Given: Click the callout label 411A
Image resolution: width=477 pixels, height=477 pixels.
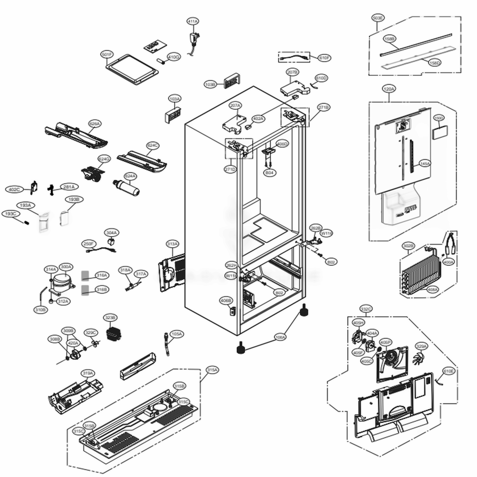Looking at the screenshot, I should [193, 21].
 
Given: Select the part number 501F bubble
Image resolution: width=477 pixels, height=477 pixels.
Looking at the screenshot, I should [107, 55].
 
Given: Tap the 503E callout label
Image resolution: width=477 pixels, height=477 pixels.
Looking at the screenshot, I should [378, 18].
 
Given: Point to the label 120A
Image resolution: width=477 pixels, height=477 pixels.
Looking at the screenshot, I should [389, 89].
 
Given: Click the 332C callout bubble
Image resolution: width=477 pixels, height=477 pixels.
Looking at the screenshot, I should [366, 309].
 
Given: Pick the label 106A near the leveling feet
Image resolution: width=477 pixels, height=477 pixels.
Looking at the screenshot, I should [280, 337].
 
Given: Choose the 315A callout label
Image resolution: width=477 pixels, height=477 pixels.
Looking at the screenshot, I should [212, 370].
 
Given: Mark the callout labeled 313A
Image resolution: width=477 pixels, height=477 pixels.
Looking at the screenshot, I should [172, 244].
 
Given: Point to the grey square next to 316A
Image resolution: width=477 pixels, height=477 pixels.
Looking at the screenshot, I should [85, 275].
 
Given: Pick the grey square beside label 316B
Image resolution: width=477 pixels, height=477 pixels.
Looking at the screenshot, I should [85, 289].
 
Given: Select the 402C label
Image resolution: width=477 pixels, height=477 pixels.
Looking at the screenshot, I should [13, 189].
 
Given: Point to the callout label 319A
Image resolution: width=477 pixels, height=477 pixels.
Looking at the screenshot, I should [87, 373].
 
